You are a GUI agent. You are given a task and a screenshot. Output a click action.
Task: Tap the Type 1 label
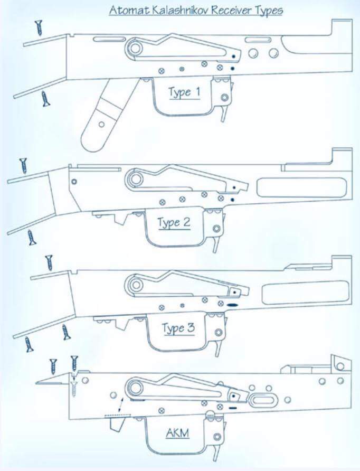pos(184,92)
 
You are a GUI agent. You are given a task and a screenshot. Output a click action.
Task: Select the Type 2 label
pos(174,223)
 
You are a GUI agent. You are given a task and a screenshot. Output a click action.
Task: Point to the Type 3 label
pos(178,328)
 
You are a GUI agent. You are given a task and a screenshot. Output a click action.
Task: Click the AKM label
pos(178,433)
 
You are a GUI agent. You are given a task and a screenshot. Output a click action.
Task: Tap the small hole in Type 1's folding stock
pos(101,124)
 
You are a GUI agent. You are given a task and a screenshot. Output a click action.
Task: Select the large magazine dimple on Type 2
pos(302,187)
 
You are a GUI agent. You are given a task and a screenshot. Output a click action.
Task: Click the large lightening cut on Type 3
pos(306,293)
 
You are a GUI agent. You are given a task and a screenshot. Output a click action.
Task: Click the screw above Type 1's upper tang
pos(39,28)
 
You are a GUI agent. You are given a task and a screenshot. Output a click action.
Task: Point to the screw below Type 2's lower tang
pos(32,238)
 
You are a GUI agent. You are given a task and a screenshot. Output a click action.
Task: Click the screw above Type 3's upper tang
pos(49,263)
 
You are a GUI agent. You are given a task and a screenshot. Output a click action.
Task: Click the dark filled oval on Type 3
pos(233,305)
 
